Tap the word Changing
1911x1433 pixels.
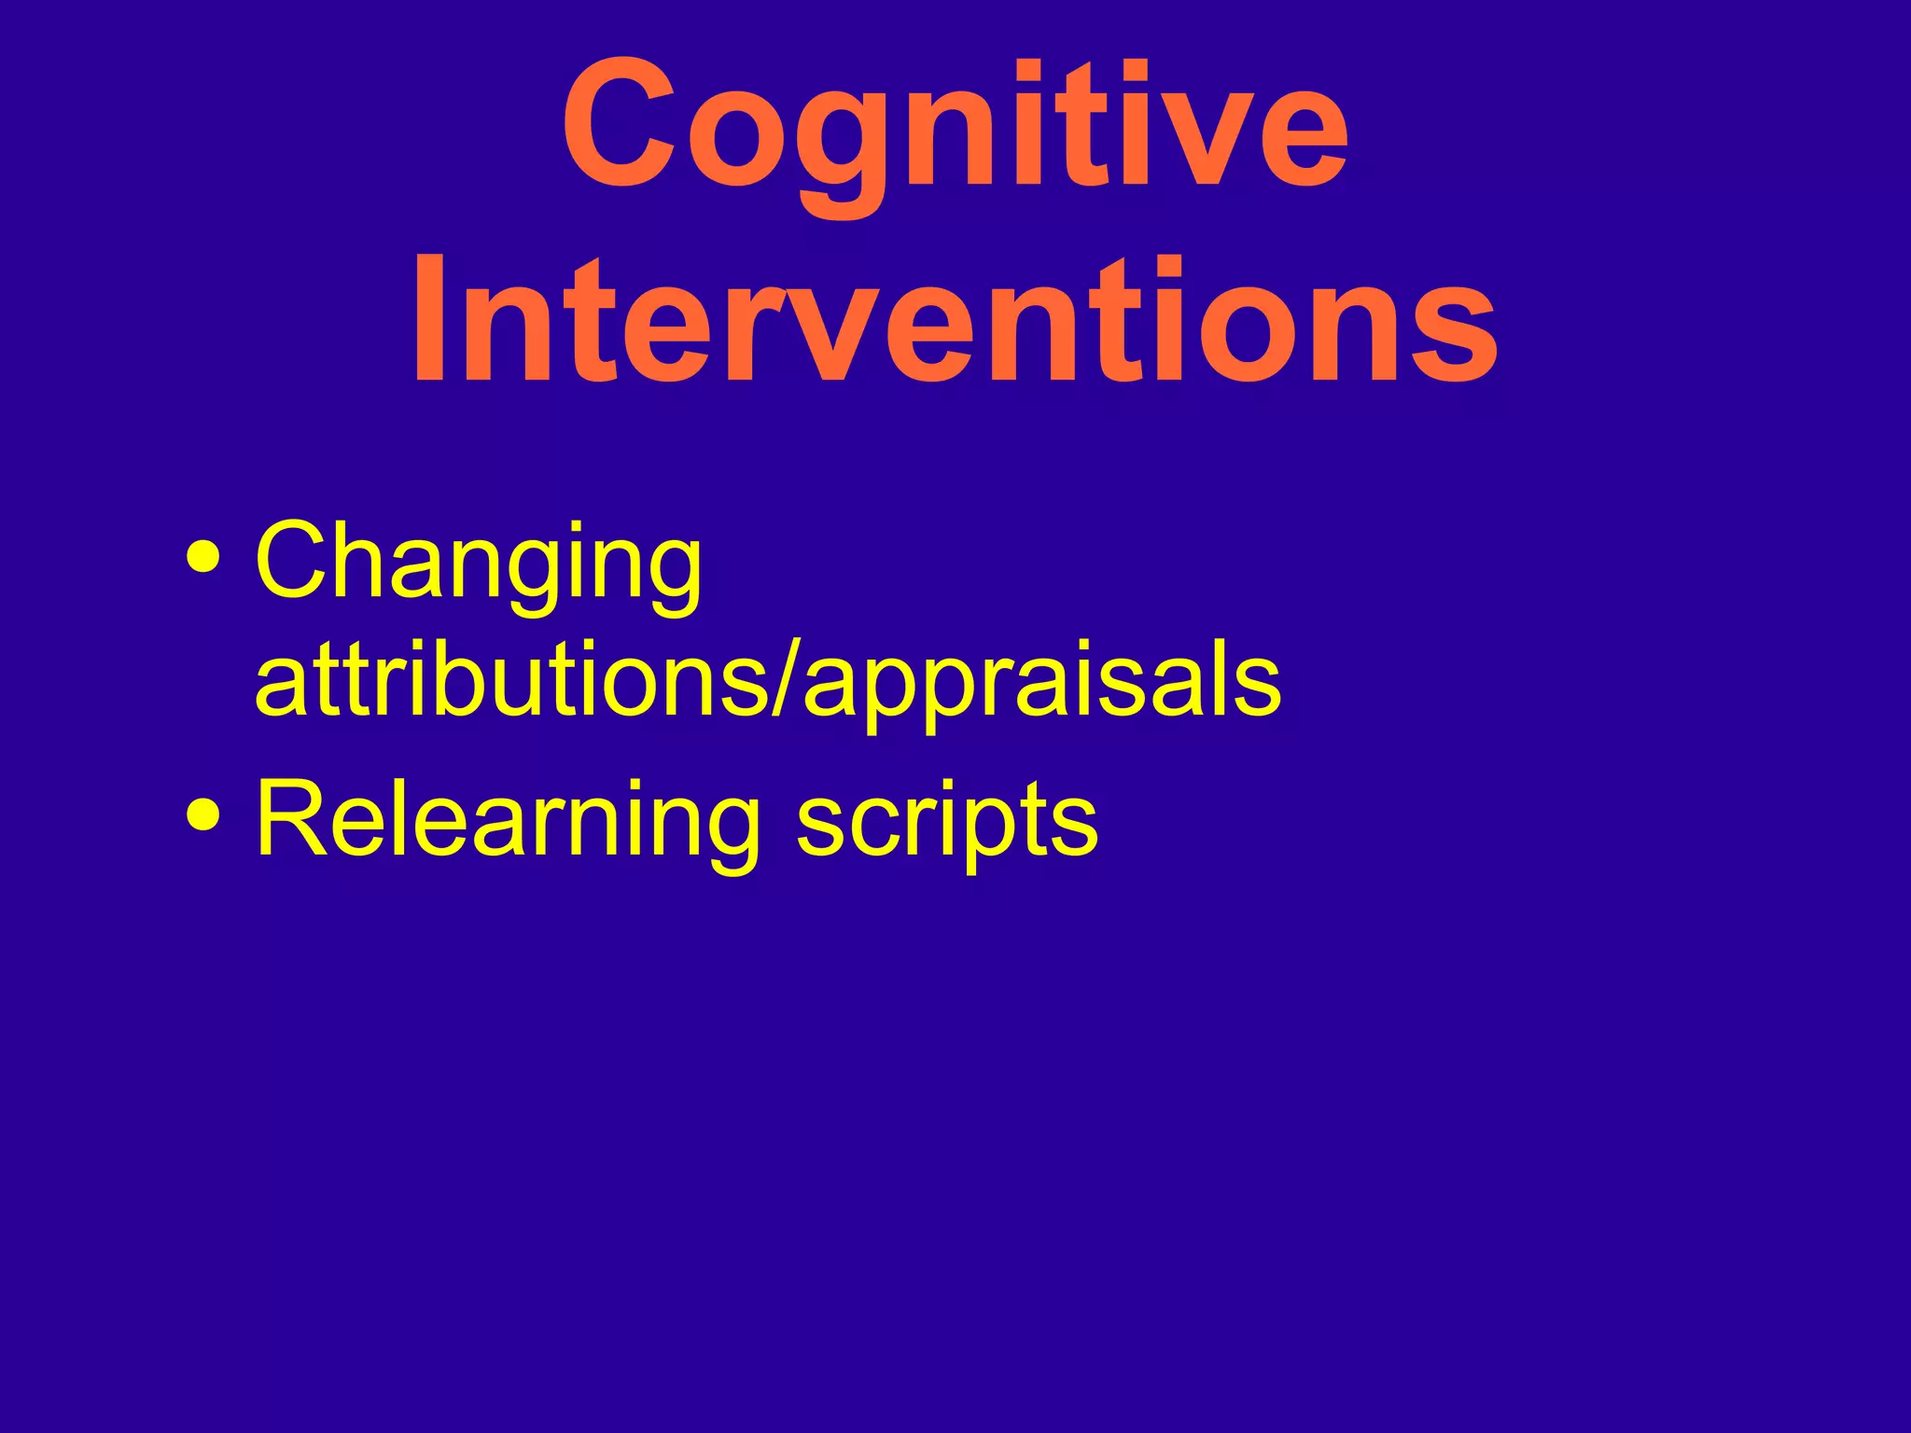coord(478,564)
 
